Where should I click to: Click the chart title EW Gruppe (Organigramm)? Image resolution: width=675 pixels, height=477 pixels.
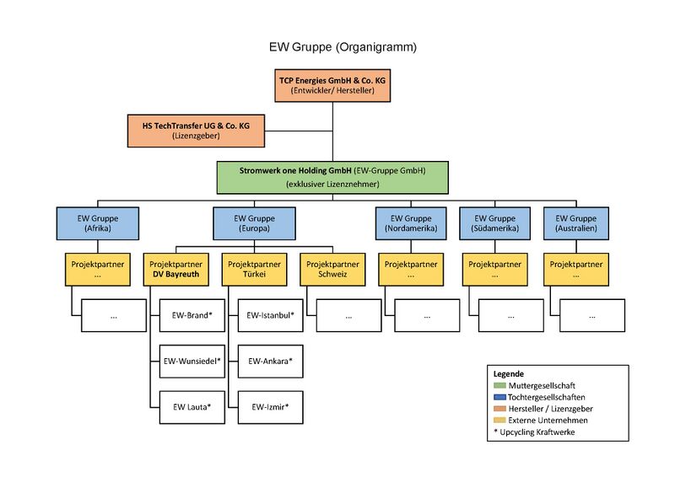337,47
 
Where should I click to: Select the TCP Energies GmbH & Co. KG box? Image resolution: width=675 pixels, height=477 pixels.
332,84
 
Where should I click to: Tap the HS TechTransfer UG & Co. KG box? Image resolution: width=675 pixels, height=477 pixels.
196,130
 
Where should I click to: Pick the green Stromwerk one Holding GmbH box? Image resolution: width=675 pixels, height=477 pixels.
332,176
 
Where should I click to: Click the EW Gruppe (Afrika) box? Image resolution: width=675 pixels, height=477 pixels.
97,222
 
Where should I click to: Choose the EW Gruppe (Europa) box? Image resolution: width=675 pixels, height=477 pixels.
254,222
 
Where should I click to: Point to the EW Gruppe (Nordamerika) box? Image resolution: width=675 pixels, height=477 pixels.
408,222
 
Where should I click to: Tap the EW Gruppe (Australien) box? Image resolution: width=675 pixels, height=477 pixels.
578,222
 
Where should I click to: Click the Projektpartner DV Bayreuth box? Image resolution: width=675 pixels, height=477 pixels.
174,269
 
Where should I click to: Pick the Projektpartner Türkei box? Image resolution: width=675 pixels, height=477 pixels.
254,269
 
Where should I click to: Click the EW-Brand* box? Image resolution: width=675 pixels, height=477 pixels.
192,315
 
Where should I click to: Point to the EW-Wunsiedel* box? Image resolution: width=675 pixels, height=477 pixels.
192,362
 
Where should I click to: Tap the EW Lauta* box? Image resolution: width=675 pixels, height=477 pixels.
192,407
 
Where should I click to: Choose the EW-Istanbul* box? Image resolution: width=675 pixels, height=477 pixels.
270,315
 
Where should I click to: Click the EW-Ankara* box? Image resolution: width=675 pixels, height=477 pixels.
270,362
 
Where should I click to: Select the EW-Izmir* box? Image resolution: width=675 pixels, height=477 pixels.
270,407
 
